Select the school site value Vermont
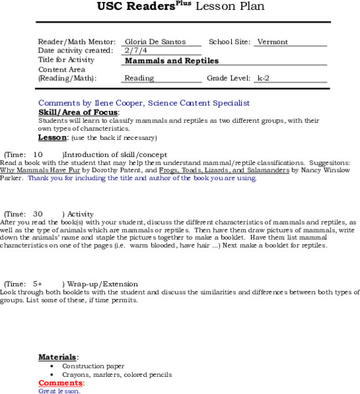pyautogui.click(x=272, y=42)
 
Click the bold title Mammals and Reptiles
pyautogui.click(x=171, y=60)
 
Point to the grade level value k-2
pyautogui.click(x=263, y=78)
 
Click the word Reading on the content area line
pyautogui.click(x=139, y=78)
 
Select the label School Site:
pyautogui.click(x=229, y=42)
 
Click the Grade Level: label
pyautogui.click(x=229, y=78)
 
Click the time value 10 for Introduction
pyautogui.click(x=38, y=154)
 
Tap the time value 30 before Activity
pyautogui.click(x=37, y=214)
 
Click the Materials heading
pyautogui.click(x=57, y=357)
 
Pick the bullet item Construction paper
pyautogui.click(x=93, y=366)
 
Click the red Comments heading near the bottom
pyautogui.click(x=60, y=383)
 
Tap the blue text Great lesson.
pyautogui.click(x=59, y=391)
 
